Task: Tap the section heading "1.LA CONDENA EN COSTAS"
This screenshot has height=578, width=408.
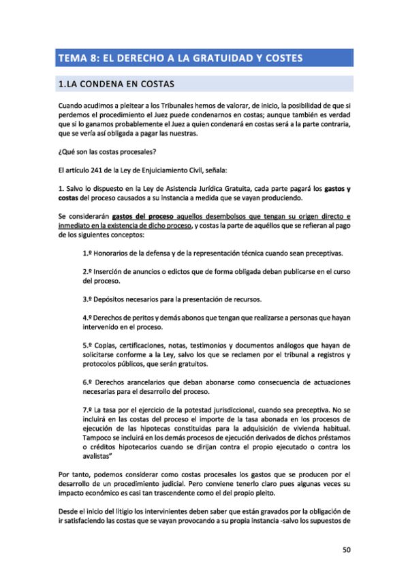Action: (x=116, y=85)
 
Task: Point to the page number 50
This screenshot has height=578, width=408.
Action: (x=346, y=551)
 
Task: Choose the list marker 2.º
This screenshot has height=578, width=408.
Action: (x=87, y=271)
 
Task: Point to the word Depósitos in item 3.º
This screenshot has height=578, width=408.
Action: (x=113, y=299)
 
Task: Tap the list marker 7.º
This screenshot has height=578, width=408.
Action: (x=87, y=409)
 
